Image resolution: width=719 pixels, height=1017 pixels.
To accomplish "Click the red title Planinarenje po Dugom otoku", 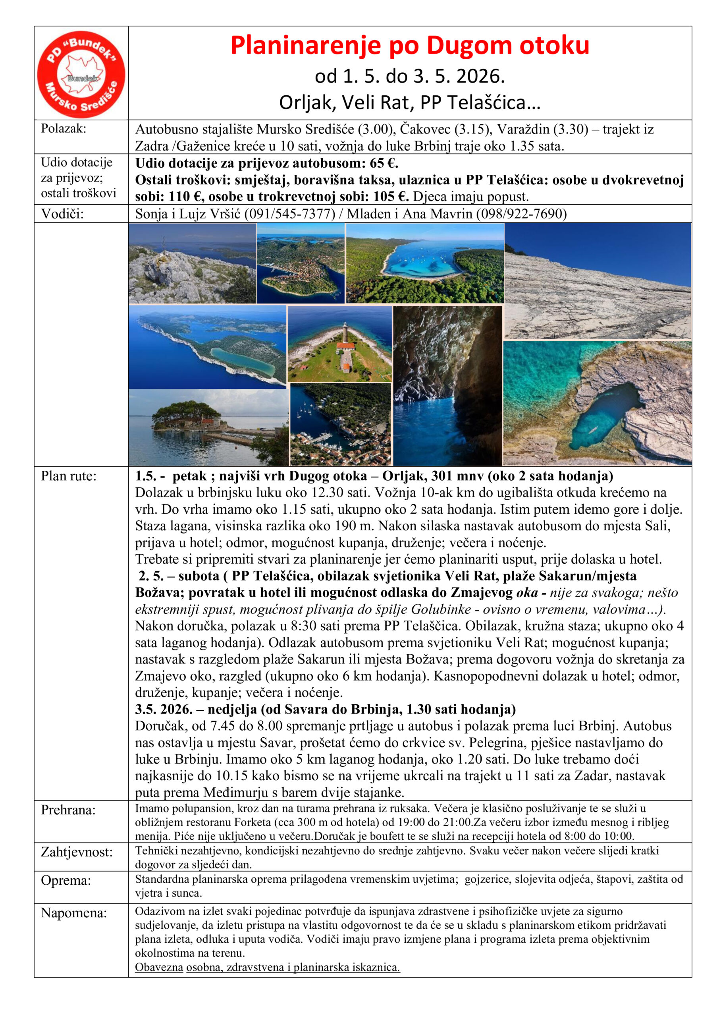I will click(x=410, y=46).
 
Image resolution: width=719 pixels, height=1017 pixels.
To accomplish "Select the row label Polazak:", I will click(x=64, y=128).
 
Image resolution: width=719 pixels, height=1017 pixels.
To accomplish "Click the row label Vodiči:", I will click(x=62, y=214).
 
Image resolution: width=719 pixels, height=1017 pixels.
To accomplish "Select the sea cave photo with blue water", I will click(x=447, y=385).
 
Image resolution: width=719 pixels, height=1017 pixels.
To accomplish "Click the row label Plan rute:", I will click(x=69, y=476).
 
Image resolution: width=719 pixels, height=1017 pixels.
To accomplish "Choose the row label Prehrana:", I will click(x=68, y=810).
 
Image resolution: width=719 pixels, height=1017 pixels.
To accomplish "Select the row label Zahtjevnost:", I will click(x=77, y=852).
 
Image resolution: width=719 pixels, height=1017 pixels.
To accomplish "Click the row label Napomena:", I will click(x=74, y=913).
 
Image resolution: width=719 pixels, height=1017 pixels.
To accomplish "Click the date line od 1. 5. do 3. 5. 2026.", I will click(x=410, y=77).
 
